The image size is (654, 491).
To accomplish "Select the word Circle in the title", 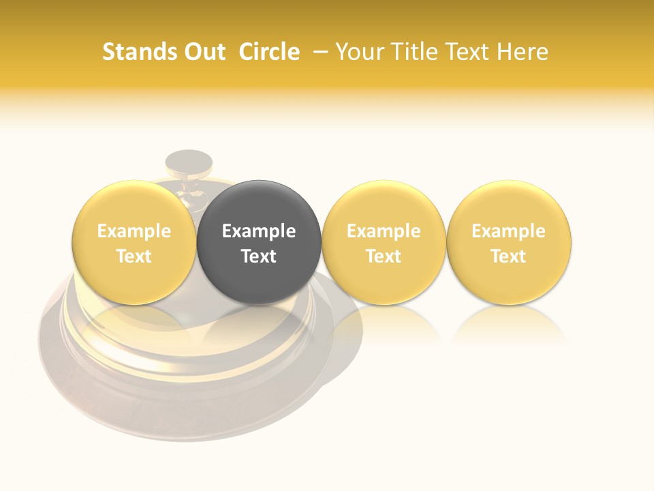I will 269,52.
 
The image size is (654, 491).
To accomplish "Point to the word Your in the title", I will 358,52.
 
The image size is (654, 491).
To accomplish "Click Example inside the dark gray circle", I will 259,231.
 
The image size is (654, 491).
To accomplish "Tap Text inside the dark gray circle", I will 259,256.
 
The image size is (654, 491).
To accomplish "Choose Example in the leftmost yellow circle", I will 134,231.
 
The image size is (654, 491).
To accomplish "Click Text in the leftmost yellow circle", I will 134,256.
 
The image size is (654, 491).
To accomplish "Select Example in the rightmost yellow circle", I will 509,231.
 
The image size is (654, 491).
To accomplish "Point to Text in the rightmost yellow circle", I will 509,256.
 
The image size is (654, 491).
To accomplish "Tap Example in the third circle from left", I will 384,231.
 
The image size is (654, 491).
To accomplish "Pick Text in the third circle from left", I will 384,256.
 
